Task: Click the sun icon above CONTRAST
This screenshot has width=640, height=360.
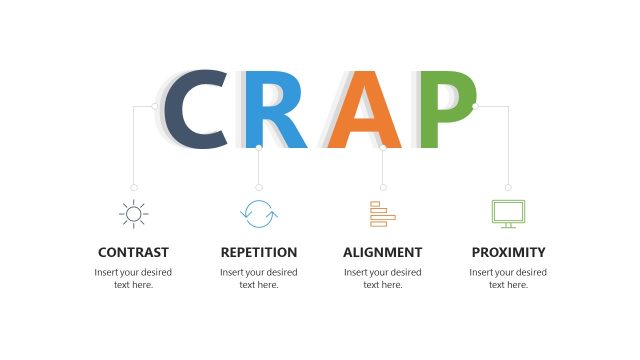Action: [133, 213]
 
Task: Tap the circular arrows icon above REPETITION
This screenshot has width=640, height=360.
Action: [259, 213]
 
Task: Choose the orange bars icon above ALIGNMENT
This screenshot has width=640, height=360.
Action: [383, 213]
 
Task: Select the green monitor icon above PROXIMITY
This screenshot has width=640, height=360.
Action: [508, 213]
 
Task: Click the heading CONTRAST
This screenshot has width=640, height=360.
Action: [133, 252]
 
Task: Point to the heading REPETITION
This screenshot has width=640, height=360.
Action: [259, 252]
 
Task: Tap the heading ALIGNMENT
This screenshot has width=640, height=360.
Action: [383, 252]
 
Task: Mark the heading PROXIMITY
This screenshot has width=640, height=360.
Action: [508, 252]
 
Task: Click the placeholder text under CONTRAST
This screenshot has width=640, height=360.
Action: [133, 278]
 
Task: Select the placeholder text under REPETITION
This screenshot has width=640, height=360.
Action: [259, 278]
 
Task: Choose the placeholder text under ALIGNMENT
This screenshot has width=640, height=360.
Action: [383, 278]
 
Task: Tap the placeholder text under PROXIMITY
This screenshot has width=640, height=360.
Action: [508, 278]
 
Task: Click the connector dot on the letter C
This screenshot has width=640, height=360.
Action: [155, 105]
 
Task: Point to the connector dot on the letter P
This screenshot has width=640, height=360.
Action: [475, 105]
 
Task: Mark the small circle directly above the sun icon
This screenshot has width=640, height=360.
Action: [134, 187]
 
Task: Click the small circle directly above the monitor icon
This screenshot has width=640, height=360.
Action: [508, 187]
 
